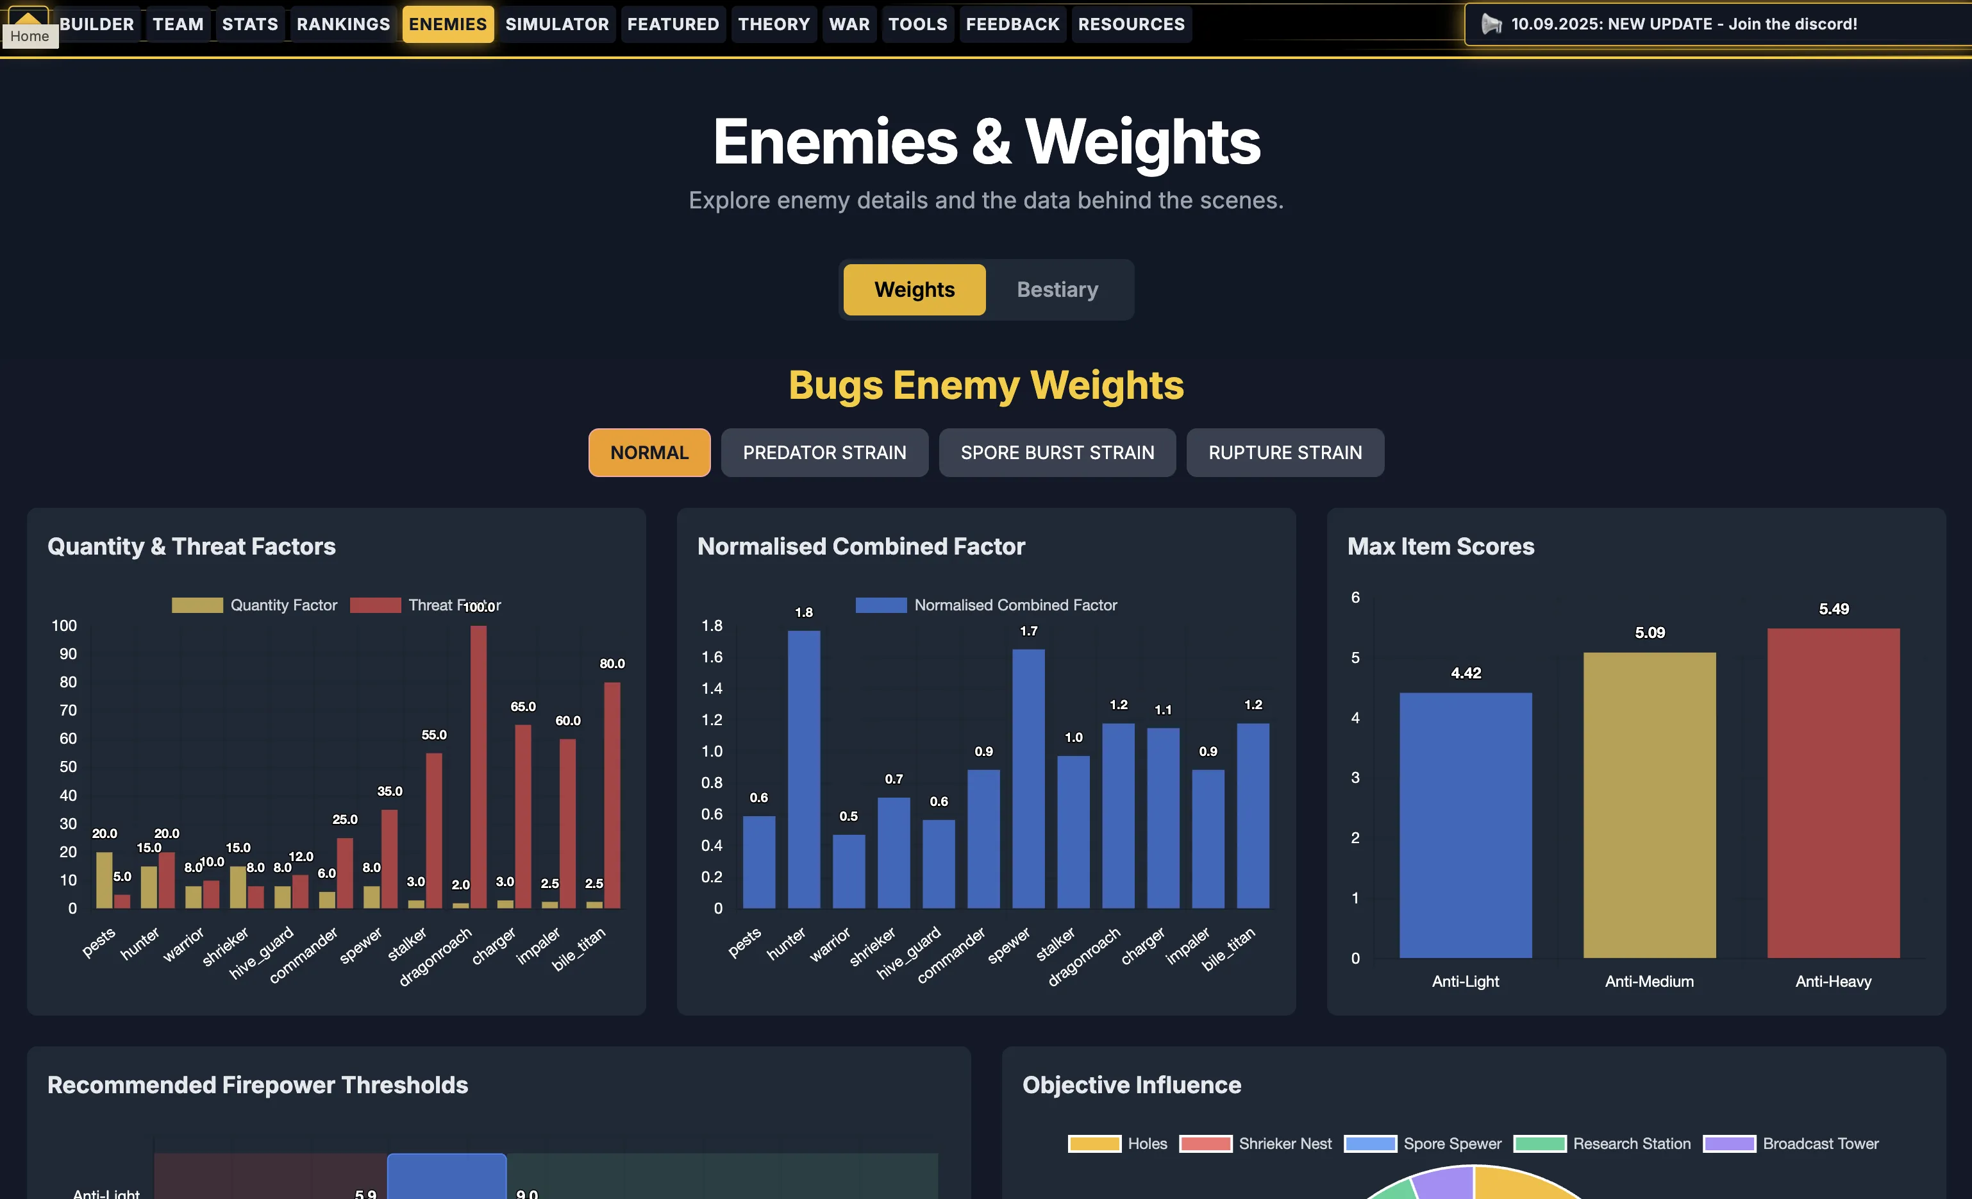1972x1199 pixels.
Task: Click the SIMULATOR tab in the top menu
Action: [x=556, y=24]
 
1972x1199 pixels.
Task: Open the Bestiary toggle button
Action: [x=1057, y=290]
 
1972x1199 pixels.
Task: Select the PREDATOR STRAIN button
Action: [x=824, y=453]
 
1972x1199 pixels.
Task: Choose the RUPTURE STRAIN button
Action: [x=1285, y=453]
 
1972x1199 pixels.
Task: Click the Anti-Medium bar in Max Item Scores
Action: [x=1650, y=805]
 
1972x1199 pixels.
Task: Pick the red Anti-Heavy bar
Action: [x=1833, y=792]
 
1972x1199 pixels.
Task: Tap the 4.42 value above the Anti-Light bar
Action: [x=1466, y=673]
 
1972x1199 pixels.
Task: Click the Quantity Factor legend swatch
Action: [x=197, y=605]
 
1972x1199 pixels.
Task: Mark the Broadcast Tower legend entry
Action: [x=1791, y=1144]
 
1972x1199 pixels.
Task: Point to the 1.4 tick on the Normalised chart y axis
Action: [x=712, y=689]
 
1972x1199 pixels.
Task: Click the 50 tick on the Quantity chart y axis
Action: [x=68, y=767]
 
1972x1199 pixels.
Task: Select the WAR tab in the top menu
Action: [x=849, y=24]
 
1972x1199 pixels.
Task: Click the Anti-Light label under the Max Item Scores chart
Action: [x=1466, y=981]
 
